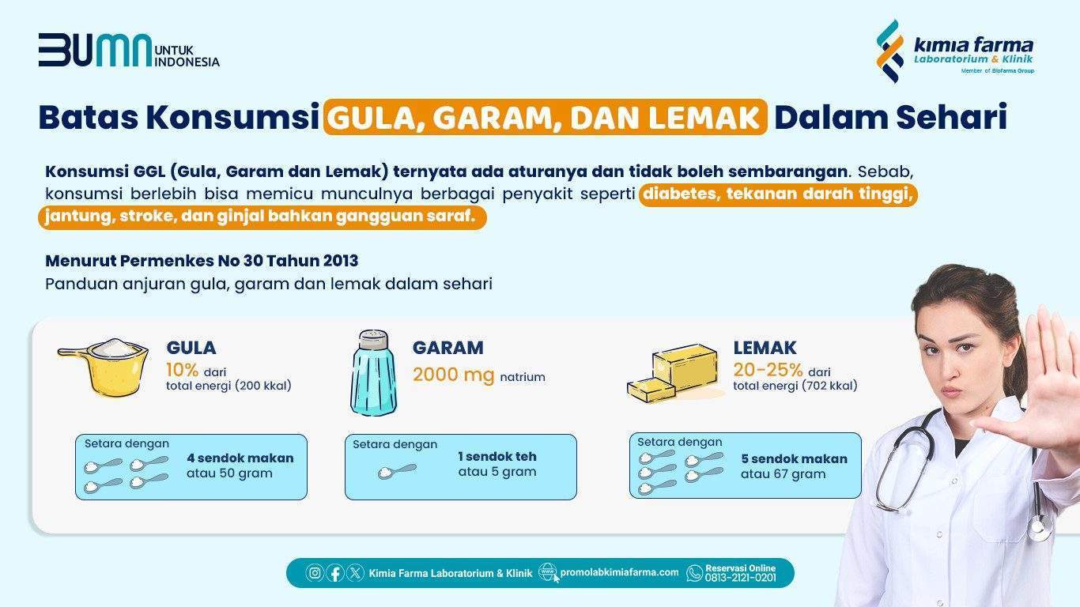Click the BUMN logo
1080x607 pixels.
click(x=129, y=50)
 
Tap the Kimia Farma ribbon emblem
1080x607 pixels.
click(x=890, y=51)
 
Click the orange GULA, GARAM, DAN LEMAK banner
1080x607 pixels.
click(x=546, y=117)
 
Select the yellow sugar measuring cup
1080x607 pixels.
click(x=104, y=367)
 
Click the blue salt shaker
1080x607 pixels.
click(x=374, y=373)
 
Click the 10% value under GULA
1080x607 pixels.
click(x=182, y=370)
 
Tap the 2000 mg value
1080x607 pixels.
click(x=453, y=375)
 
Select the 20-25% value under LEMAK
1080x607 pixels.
click(x=768, y=370)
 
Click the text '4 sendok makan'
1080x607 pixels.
click(x=240, y=458)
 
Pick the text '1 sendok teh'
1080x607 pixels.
click(x=497, y=456)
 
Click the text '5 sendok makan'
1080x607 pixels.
click(x=794, y=459)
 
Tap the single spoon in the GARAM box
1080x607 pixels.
click(x=397, y=471)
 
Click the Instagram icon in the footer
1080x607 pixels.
click(x=315, y=573)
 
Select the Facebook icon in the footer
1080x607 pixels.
click(x=335, y=573)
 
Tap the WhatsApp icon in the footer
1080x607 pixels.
click(x=694, y=573)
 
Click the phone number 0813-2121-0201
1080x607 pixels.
click(x=741, y=578)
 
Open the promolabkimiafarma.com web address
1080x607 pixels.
click(x=619, y=572)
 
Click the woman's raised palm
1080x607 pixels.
click(x=1046, y=386)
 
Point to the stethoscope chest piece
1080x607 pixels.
click(x=1040, y=527)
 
